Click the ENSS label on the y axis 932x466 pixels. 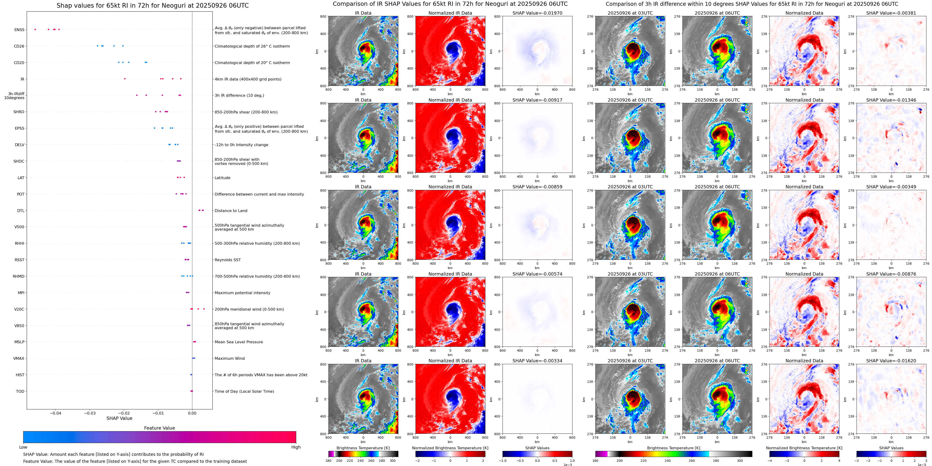(x=19, y=30)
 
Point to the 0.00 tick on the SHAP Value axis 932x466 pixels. (x=192, y=413)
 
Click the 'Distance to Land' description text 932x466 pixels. (x=231, y=211)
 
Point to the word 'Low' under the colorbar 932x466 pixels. (x=23, y=447)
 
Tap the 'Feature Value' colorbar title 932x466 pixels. (x=159, y=428)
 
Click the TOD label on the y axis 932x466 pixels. (x=20, y=392)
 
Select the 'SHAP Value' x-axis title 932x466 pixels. (x=119, y=418)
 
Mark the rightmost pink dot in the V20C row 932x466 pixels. (x=204, y=309)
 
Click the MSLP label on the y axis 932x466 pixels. (x=19, y=342)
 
